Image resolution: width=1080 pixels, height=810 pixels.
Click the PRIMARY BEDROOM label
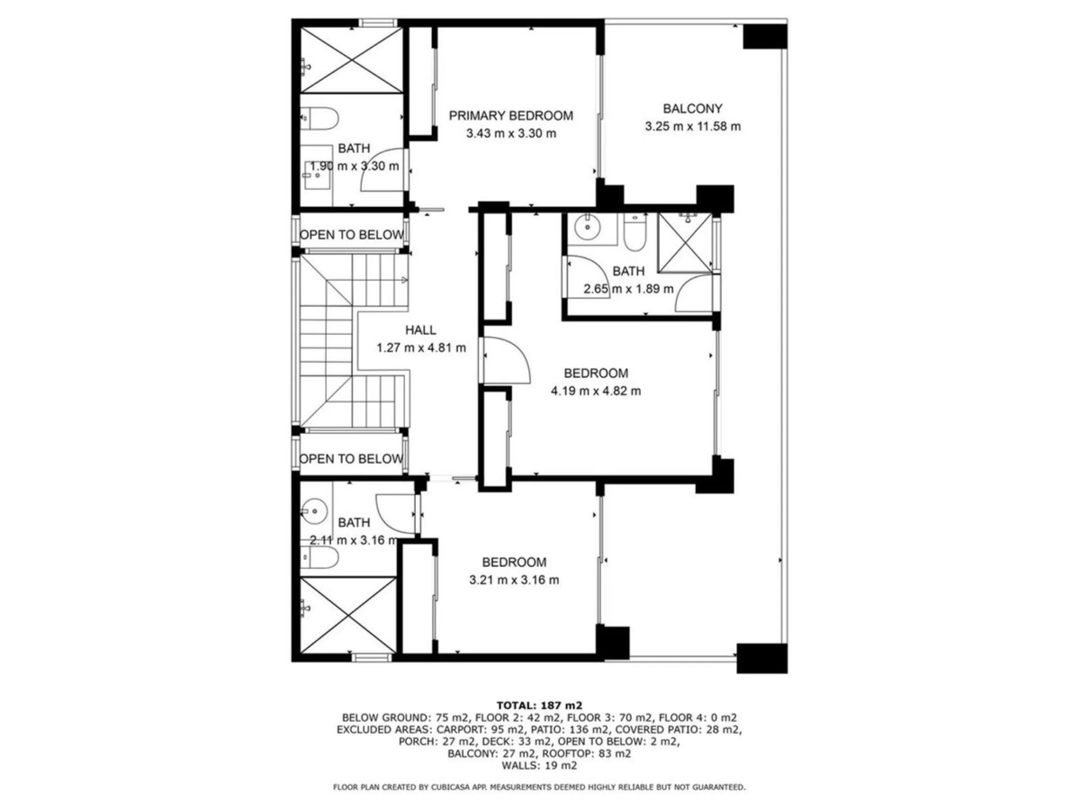(x=511, y=116)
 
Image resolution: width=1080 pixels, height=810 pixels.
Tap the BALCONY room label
(x=692, y=108)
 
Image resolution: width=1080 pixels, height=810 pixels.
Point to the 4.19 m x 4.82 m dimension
(x=596, y=391)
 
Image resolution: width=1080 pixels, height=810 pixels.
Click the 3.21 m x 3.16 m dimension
(x=514, y=580)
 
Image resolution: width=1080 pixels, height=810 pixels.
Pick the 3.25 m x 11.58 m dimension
(x=693, y=127)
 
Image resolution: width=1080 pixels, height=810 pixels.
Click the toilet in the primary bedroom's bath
(x=319, y=118)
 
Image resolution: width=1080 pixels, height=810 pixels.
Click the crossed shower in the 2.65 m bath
(x=685, y=243)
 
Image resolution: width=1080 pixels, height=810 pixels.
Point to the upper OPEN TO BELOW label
(x=351, y=235)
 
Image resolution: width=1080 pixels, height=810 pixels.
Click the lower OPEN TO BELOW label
(x=351, y=459)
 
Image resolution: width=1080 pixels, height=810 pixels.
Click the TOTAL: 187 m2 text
(x=539, y=705)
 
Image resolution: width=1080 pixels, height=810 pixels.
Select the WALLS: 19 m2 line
(x=539, y=766)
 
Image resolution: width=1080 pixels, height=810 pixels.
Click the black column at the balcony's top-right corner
(x=765, y=36)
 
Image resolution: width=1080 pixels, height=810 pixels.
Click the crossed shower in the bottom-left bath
(x=348, y=614)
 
